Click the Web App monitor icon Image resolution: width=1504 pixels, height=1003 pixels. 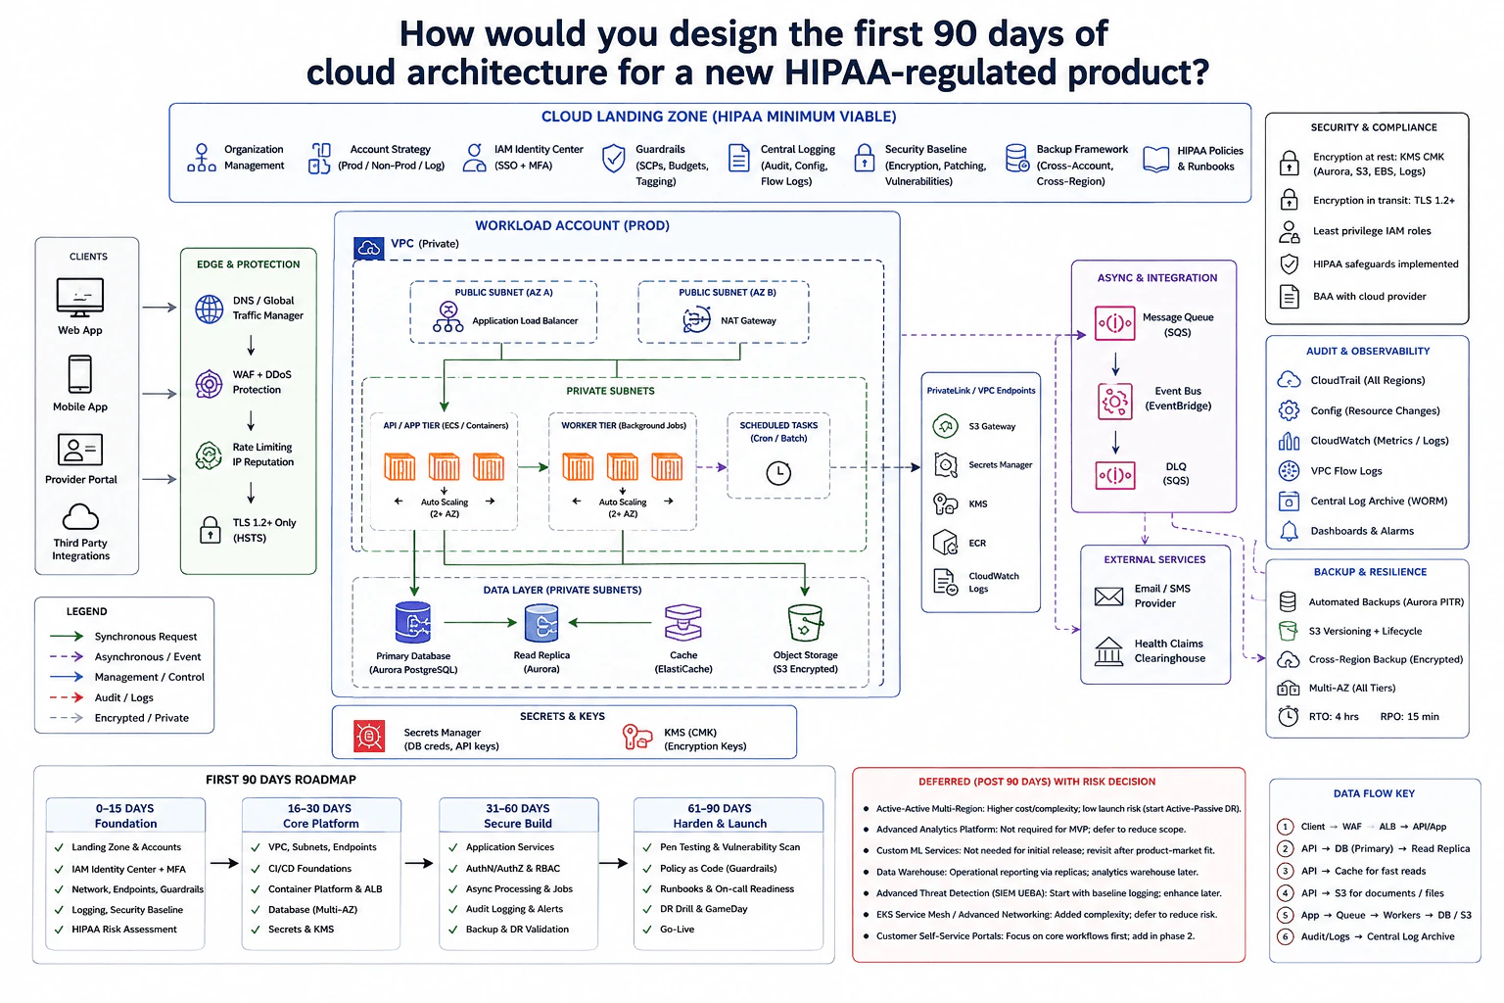[x=80, y=297]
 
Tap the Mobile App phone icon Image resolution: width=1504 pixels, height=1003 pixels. [x=80, y=374]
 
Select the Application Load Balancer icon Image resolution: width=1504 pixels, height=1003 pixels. [x=447, y=317]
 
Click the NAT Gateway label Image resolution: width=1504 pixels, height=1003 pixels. [x=748, y=320]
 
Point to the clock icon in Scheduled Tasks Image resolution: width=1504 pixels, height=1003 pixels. [x=778, y=473]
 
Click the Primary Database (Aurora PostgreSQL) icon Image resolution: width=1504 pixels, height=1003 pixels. [x=413, y=623]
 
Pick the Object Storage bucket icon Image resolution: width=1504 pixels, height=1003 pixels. [x=804, y=623]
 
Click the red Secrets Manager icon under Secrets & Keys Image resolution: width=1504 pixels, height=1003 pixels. [x=369, y=737]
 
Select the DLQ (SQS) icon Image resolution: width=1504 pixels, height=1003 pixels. [x=1114, y=475]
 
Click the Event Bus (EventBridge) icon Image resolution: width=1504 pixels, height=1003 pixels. [x=1114, y=401]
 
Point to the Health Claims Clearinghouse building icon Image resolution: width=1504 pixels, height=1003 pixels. [x=1108, y=651]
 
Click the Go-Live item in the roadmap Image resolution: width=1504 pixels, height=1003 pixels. [x=677, y=930]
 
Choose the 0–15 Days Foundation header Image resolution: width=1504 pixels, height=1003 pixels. [x=125, y=816]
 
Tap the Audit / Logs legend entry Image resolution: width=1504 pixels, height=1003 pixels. [x=124, y=697]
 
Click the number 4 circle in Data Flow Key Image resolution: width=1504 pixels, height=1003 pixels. [x=1285, y=893]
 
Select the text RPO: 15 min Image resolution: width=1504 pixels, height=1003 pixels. [x=1409, y=716]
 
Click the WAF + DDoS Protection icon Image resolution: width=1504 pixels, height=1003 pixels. [x=209, y=384]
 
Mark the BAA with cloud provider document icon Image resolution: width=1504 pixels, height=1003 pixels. [x=1290, y=296]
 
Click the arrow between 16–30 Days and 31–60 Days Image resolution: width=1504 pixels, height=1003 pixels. [x=418, y=863]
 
